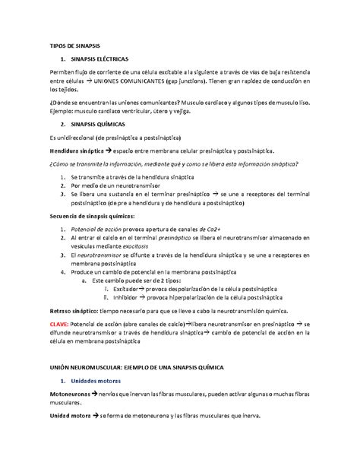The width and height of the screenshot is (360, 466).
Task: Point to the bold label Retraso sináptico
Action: point(75,312)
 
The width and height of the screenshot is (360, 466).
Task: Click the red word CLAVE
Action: point(59,325)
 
